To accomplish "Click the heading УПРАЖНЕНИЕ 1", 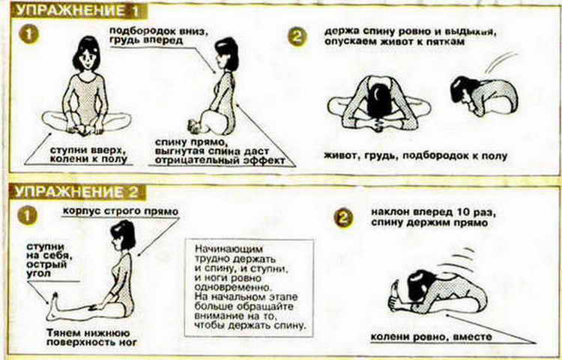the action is point(78,10).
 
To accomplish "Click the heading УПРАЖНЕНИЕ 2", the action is point(77,192).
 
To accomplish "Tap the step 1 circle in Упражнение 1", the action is point(28,35).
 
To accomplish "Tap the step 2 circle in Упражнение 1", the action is point(297,37).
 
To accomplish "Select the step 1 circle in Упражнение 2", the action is point(28,216).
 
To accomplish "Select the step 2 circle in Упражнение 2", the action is point(343,218).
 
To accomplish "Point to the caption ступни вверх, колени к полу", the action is point(89,154).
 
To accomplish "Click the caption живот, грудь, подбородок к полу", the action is point(416,156).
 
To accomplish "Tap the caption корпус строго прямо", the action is point(121,211).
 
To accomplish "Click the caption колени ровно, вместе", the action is point(431,337).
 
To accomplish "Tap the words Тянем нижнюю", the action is point(88,333).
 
